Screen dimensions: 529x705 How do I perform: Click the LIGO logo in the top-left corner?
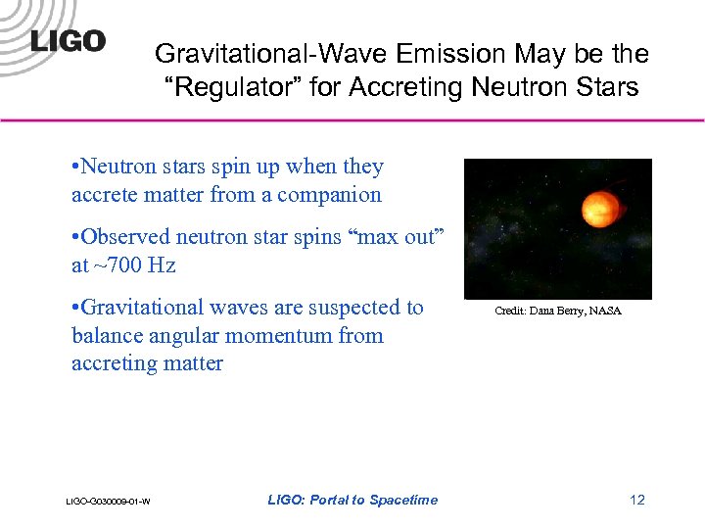[68, 40]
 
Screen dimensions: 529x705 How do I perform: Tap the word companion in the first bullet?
[329, 195]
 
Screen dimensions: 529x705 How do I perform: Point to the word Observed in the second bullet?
[119, 237]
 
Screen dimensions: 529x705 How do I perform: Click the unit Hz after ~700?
[162, 265]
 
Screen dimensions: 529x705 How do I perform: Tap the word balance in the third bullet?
[106, 336]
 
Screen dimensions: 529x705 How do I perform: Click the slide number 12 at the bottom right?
[637, 500]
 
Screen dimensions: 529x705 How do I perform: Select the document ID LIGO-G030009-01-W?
[108, 502]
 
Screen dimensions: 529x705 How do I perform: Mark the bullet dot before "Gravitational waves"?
[75, 309]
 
